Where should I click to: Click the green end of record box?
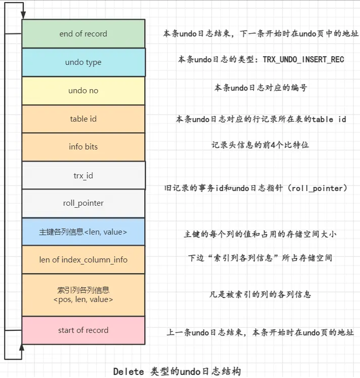pos(83,34)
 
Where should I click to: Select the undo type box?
pos(83,62)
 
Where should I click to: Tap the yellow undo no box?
pos(83,91)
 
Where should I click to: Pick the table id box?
pos(83,119)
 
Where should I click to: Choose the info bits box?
pos(83,147)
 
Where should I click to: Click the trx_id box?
pos(83,175)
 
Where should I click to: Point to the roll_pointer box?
pos(83,203)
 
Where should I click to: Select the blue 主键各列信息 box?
pos(83,232)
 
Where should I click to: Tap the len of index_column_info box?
pos(83,260)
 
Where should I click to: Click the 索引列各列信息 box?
pos(83,295)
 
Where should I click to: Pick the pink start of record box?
pos(83,330)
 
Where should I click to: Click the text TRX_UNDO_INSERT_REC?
pos(303,60)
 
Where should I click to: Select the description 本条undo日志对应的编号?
pos(260,88)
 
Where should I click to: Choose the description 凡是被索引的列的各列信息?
pos(260,294)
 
